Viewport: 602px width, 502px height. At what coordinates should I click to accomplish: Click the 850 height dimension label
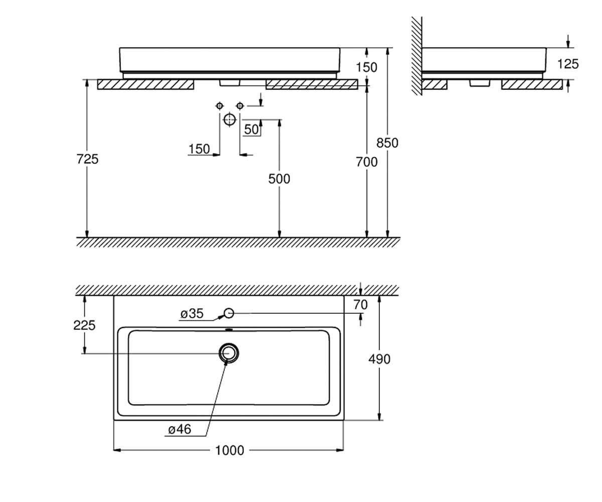click(387, 143)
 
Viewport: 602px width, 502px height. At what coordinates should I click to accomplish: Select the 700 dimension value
click(366, 162)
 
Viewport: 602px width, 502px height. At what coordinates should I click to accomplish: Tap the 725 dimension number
click(87, 159)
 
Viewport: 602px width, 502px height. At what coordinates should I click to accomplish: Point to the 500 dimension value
click(279, 179)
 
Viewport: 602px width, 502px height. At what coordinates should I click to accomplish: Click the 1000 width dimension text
click(230, 450)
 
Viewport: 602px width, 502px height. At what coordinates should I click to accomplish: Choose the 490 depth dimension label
click(379, 359)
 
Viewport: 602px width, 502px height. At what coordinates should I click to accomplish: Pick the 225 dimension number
click(84, 325)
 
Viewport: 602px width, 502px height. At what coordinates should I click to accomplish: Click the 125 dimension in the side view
click(568, 64)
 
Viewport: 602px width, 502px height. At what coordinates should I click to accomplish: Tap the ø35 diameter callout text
click(192, 314)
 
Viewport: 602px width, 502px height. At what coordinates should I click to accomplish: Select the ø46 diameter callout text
click(179, 430)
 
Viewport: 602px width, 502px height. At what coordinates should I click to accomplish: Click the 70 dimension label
click(361, 305)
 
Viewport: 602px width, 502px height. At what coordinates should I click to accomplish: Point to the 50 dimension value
click(251, 130)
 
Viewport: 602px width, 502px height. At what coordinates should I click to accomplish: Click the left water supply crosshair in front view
click(220, 106)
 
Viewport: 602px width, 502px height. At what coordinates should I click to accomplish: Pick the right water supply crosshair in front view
click(240, 106)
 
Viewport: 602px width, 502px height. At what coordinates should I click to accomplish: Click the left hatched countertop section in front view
click(145, 84)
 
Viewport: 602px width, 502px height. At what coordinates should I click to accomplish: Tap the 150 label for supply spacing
click(199, 149)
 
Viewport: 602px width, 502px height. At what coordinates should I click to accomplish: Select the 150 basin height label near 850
click(366, 67)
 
